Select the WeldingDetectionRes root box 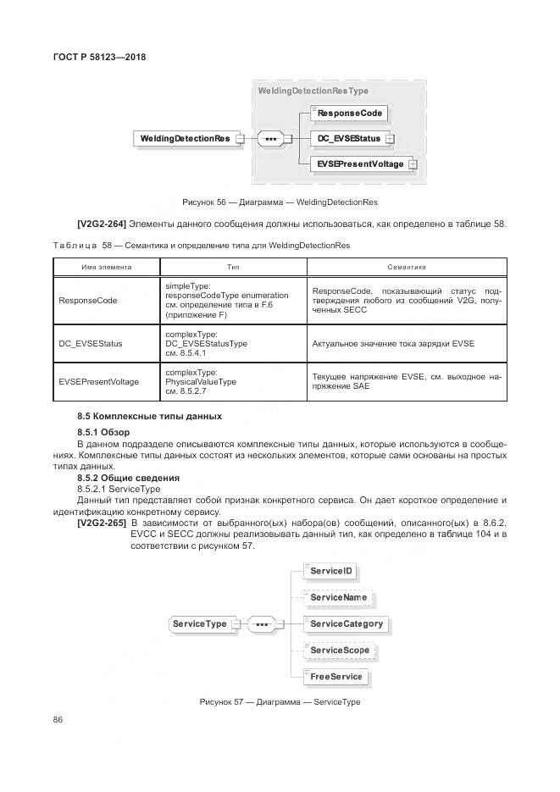pos(184,138)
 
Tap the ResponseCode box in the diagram pos(349,113)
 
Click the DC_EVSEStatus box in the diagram pos(347,138)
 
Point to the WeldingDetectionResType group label pos(313,91)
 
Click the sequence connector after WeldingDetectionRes pos(270,138)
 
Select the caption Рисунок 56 pos(280,202)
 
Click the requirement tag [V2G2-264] pos(102,224)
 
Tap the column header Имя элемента pos(106,267)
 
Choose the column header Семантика pos(406,267)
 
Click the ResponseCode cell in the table pos(87,300)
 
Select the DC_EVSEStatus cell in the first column pos(91,343)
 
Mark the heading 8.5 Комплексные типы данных pos(149,416)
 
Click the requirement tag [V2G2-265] pos(102,520)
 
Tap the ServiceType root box pos(200,624)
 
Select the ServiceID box pos(330,572)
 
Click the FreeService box pos(335,677)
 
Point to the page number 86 pos(58,720)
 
